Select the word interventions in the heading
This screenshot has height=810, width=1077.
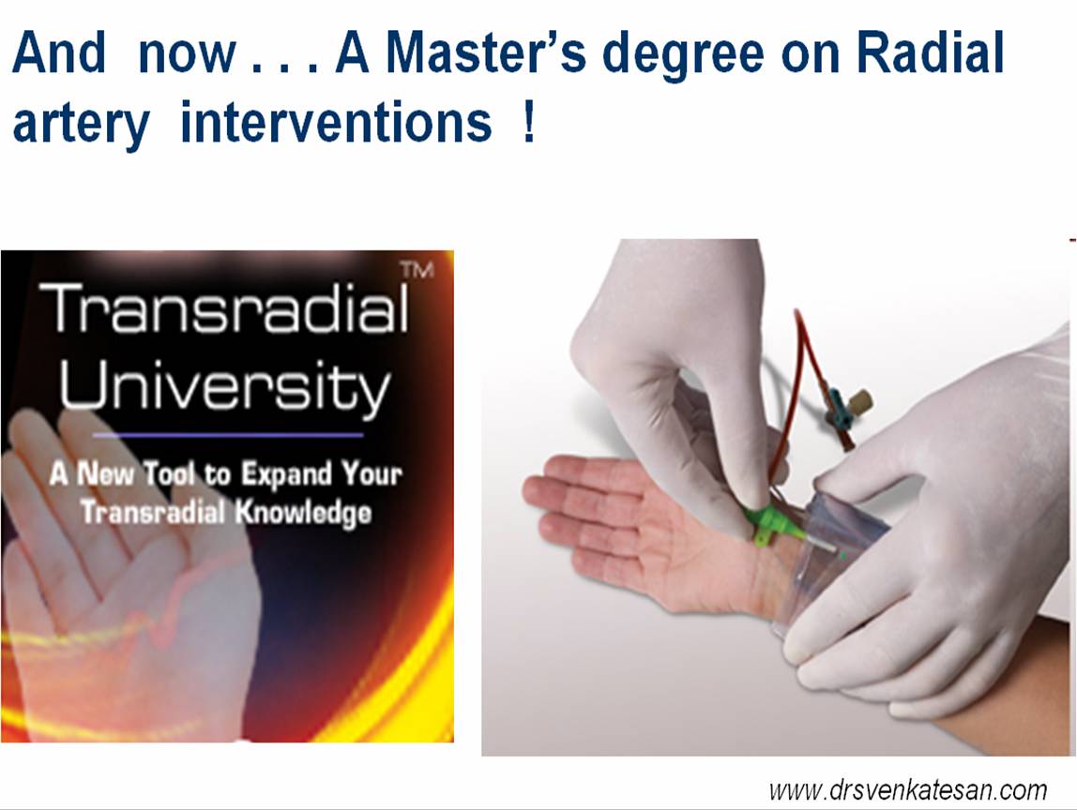coord(336,123)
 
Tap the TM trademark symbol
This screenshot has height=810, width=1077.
coord(417,270)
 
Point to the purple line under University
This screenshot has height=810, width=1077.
coord(228,434)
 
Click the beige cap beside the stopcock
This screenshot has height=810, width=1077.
coord(861,400)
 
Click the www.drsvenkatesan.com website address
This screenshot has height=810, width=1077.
coord(908,790)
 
